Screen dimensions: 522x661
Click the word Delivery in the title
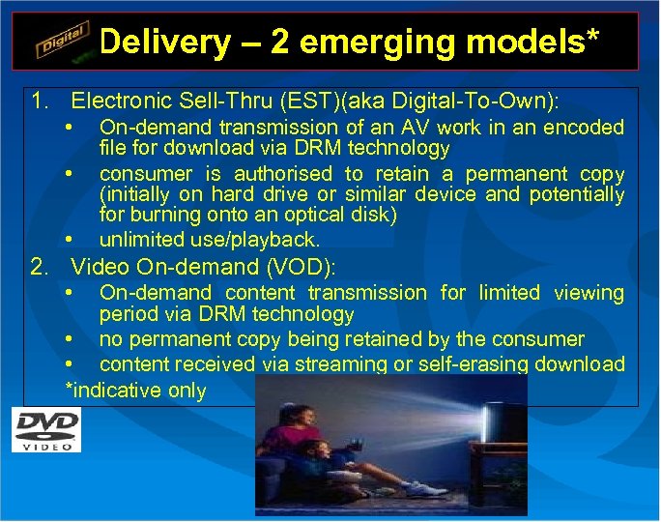165,42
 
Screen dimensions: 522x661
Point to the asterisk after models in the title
590,37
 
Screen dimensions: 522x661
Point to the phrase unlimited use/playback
209,239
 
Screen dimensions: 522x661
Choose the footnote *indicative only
135,390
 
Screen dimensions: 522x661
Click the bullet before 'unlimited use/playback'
70,239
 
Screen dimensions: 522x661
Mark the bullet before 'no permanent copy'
70,339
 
